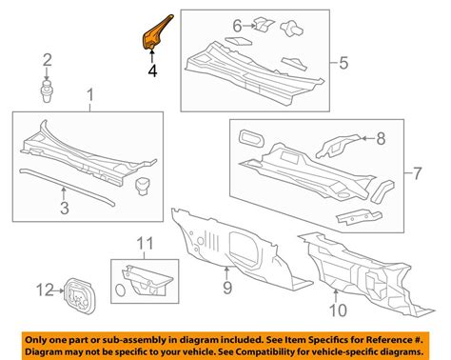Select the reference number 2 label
pyautogui.click(x=46, y=63)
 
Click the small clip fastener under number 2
pyautogui.click(x=46, y=92)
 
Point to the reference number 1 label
pyautogui.click(x=90, y=95)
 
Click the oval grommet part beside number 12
pyautogui.click(x=78, y=291)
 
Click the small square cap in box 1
pyautogui.click(x=145, y=184)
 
